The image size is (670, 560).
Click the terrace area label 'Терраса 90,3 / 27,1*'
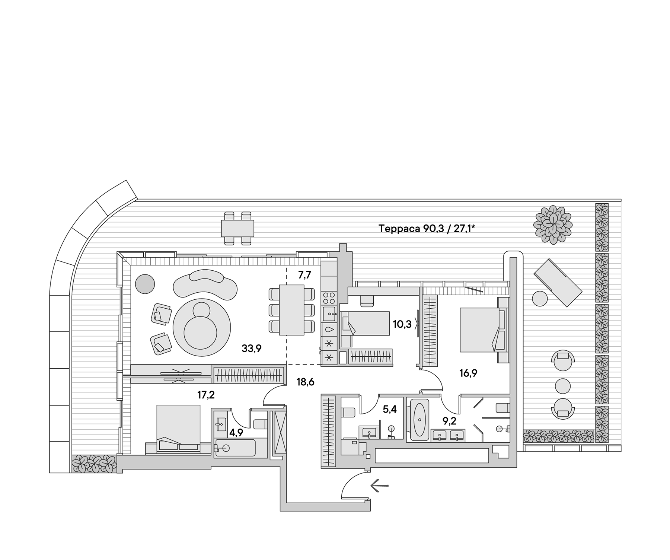[x=427, y=229]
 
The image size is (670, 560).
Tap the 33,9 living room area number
[x=252, y=349]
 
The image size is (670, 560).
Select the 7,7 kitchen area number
[x=304, y=275]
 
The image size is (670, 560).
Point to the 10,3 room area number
[x=402, y=324]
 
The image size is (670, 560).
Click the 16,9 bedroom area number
[x=468, y=373]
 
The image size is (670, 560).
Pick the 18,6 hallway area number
[x=306, y=382]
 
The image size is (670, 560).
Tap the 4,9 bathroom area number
[x=236, y=432]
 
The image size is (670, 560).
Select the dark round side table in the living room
[x=144, y=284]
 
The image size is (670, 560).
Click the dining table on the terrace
[x=237, y=228]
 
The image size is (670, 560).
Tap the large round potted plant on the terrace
[x=553, y=225]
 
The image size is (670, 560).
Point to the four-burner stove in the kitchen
[x=329, y=297]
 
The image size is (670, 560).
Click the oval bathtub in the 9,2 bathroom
[x=419, y=419]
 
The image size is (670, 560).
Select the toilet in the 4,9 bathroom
[x=259, y=424]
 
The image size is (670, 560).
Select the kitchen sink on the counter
[x=329, y=314]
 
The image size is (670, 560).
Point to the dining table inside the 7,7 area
[x=291, y=310]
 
